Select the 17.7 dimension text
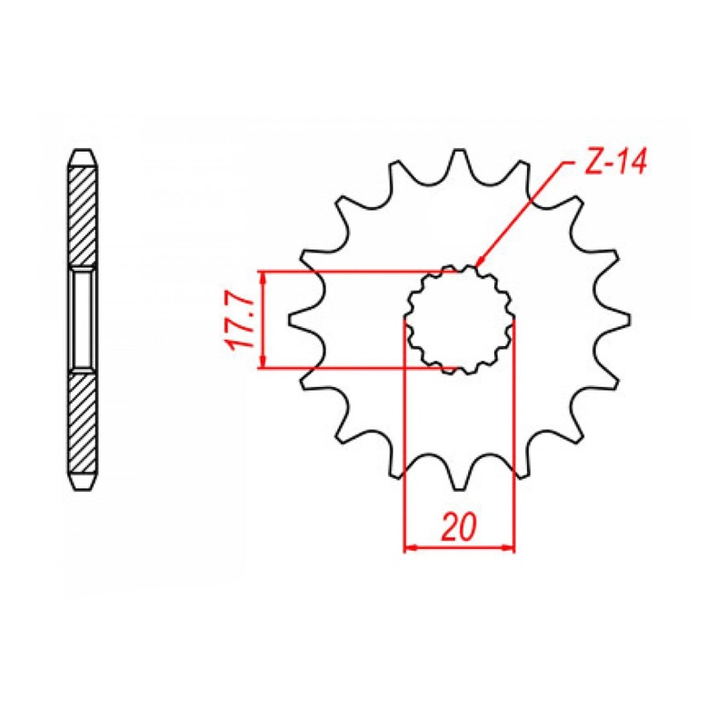click(x=238, y=320)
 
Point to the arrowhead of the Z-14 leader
click(x=480, y=264)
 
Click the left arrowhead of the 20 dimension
click(x=410, y=548)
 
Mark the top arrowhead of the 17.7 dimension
click(x=263, y=277)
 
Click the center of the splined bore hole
click(x=460, y=320)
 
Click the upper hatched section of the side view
click(x=82, y=214)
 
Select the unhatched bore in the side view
click(x=82, y=320)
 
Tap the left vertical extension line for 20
click(x=404, y=436)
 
